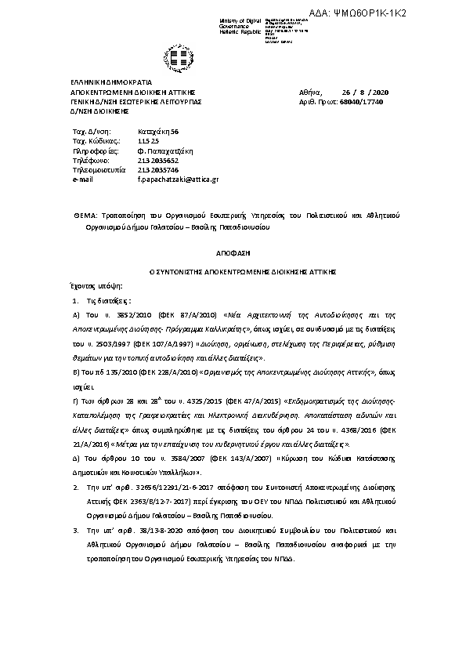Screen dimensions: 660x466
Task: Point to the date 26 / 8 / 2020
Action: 370,92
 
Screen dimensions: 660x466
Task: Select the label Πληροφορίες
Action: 94,150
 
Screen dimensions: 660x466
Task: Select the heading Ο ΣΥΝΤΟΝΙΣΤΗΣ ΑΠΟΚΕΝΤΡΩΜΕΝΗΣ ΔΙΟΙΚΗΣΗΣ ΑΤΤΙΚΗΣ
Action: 232,270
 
